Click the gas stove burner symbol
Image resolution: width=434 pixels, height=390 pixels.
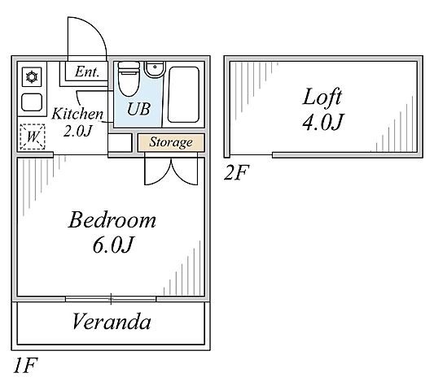click(32, 77)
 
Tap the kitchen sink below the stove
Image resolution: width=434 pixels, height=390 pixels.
click(32, 102)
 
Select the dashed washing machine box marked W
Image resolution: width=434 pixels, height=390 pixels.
click(33, 136)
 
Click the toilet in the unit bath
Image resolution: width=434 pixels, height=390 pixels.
click(129, 79)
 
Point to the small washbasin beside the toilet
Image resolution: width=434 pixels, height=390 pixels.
click(155, 70)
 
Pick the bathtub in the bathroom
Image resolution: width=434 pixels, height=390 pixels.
click(183, 94)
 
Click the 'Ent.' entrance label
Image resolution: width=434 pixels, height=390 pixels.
click(87, 71)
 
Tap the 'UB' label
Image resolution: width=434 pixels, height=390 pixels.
click(138, 109)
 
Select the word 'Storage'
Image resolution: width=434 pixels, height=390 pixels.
click(171, 142)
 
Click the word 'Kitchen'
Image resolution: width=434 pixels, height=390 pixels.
click(77, 114)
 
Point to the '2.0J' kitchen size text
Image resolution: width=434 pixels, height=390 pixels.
click(77, 131)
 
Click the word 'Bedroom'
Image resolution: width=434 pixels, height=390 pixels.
click(112, 220)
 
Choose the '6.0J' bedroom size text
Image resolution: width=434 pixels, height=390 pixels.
click(113, 245)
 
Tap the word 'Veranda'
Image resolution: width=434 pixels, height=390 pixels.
click(112, 322)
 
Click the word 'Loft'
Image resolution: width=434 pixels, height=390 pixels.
click(322, 97)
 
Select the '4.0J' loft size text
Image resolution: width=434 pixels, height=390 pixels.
click(322, 122)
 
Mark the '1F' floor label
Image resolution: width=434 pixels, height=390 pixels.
click(25, 366)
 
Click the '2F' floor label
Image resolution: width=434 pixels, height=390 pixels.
click(237, 172)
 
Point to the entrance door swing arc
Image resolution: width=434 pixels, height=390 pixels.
click(97, 29)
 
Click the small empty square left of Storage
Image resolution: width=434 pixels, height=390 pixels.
click(120, 142)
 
